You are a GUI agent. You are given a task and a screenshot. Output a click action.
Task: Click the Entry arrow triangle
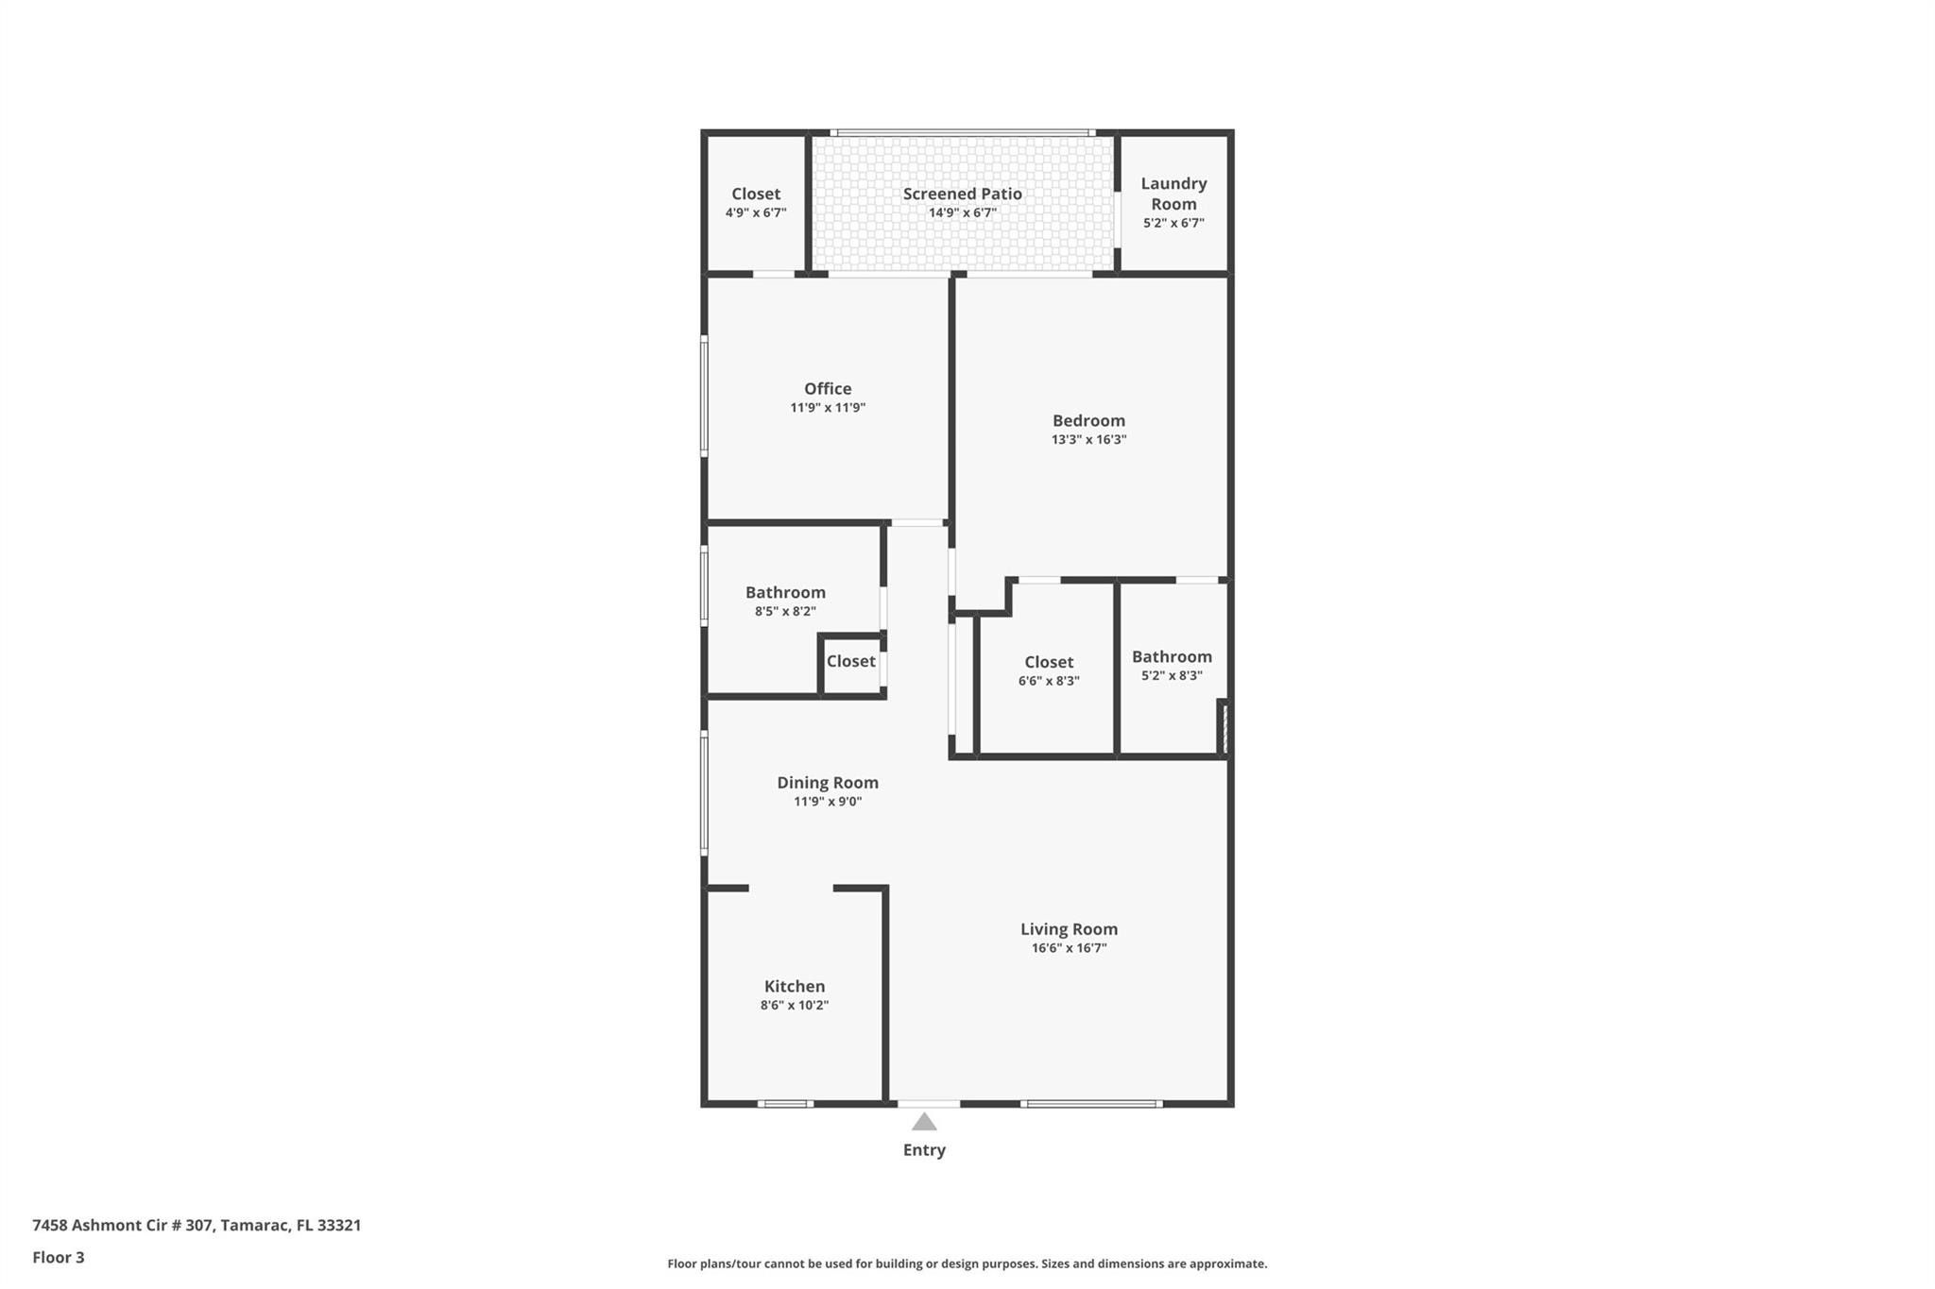(x=924, y=1122)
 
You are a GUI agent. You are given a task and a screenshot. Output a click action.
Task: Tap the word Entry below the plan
(x=924, y=1150)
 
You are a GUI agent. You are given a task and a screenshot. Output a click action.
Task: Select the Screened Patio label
(x=963, y=194)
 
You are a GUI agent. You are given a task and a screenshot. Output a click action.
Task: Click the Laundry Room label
(x=1173, y=194)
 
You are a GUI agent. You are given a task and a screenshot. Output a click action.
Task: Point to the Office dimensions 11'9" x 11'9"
(x=828, y=408)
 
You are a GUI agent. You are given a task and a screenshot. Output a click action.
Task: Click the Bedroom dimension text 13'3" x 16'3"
(x=1089, y=440)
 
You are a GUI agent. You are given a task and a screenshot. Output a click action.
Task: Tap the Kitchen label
(x=795, y=986)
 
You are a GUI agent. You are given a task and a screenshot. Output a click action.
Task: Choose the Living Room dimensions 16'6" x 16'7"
(x=1069, y=948)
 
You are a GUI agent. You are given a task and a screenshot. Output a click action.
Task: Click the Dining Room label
(x=828, y=783)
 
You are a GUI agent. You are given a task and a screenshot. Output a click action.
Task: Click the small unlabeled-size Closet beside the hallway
(x=851, y=661)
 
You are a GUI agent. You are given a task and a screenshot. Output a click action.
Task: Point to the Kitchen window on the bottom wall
(x=785, y=1104)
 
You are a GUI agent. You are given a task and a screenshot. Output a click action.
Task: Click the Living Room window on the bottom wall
(x=1091, y=1104)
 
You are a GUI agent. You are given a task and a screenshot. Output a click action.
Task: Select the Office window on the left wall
(x=704, y=397)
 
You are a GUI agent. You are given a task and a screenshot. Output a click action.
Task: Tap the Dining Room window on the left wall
(x=704, y=793)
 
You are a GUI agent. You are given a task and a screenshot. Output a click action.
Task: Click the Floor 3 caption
(x=59, y=1257)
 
